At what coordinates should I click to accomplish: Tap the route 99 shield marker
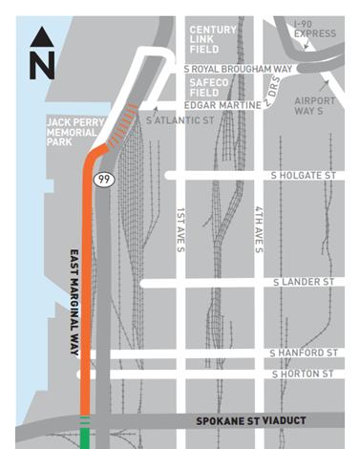(x=100, y=178)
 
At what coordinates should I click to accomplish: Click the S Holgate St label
(x=305, y=175)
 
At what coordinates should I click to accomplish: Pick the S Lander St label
(x=306, y=283)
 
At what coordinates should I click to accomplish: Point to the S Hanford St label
(x=305, y=353)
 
